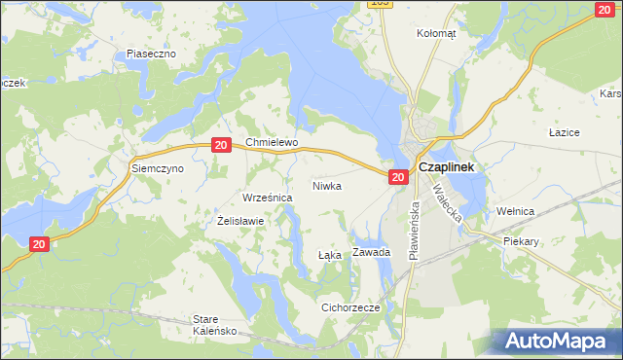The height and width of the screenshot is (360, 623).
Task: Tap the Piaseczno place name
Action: point(151,54)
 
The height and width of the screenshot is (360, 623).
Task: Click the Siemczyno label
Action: point(158,168)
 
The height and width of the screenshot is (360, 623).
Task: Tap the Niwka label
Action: point(327,185)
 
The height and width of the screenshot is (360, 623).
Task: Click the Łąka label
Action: point(330,256)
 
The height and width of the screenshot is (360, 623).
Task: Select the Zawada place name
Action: point(372,252)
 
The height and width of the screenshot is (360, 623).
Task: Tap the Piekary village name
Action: point(522,239)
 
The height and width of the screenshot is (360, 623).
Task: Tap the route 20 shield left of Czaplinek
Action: point(397,177)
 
